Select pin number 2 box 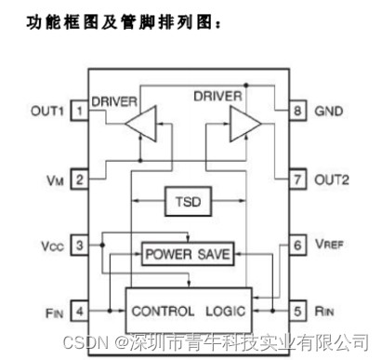click(81, 179)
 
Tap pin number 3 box click(81, 246)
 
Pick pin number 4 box click(81, 312)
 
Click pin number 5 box click(298, 312)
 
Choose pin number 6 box click(298, 246)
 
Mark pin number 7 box click(298, 179)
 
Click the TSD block click(189, 200)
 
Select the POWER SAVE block click(187, 253)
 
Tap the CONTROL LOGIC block click(188, 310)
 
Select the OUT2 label click(333, 179)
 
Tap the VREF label click(332, 247)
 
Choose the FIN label click(51, 313)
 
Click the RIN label click(328, 313)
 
